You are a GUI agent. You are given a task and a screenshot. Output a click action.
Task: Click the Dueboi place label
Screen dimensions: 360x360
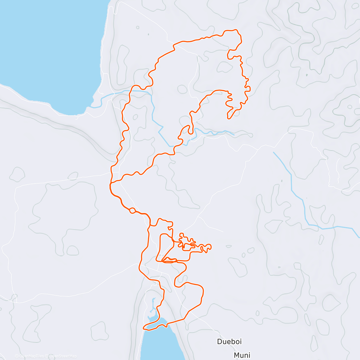pyautogui.click(x=229, y=341)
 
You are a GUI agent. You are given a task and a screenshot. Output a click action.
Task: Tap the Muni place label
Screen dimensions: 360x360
pyautogui.click(x=242, y=355)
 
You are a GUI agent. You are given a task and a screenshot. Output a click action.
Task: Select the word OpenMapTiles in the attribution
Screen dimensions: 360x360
pyautogui.click(x=31, y=356)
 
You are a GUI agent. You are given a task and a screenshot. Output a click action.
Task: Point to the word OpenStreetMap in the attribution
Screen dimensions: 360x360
pyautogui.click(x=63, y=356)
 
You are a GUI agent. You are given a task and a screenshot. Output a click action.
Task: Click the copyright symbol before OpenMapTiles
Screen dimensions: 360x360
pyautogui.click(x=16, y=356)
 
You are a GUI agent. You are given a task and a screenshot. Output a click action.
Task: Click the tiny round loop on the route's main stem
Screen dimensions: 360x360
pyautogui.click(x=132, y=211)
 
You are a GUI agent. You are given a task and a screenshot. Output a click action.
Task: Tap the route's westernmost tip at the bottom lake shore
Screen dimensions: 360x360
pyautogui.click(x=144, y=328)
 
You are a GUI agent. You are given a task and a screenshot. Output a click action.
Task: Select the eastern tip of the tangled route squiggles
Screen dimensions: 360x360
pyautogui.click(x=211, y=247)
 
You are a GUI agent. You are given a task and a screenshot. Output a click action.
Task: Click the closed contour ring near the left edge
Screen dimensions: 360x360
pyautogui.click(x=17, y=174)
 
